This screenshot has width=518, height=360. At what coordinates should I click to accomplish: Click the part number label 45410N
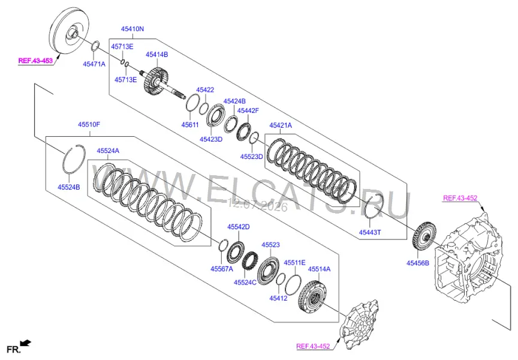click(132, 29)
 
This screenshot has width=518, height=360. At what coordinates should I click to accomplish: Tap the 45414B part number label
click(156, 55)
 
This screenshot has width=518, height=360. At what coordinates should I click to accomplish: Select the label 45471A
click(94, 64)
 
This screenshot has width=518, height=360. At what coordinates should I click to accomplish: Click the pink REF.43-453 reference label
click(35, 61)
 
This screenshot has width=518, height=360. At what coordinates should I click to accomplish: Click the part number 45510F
click(89, 125)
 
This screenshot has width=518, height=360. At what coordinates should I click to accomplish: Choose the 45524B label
click(69, 187)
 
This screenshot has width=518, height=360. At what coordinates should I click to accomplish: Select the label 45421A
click(281, 125)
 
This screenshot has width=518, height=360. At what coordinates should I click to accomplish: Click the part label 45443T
click(370, 232)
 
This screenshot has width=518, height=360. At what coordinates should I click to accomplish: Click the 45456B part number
click(418, 263)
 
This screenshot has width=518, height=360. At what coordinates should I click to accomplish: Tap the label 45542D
click(238, 227)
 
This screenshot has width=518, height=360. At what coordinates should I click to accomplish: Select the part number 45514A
click(319, 269)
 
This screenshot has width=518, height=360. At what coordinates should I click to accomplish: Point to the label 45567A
click(222, 269)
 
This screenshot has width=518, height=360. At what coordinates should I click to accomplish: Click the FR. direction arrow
click(25, 343)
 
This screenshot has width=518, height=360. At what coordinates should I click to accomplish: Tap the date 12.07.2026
click(258, 206)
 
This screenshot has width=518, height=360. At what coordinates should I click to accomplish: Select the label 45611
click(190, 125)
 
